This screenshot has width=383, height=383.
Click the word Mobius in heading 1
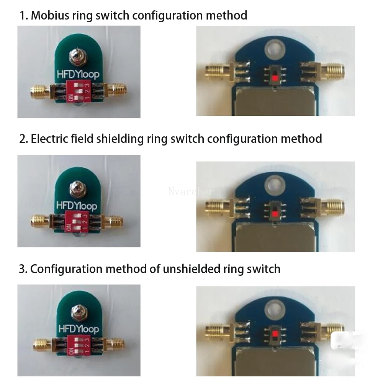(x=48, y=16)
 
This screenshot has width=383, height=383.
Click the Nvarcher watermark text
(x=191, y=191)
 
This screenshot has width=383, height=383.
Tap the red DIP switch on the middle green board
(x=77, y=221)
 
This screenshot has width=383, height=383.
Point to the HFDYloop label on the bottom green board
(x=79, y=329)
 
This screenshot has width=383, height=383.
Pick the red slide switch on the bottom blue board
(x=274, y=335)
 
